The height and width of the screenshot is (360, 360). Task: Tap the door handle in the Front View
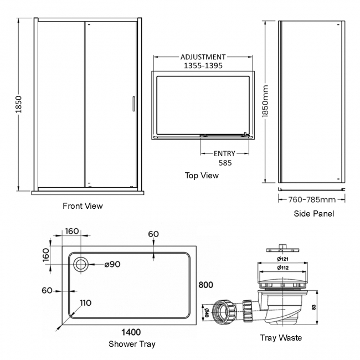coord(133,106)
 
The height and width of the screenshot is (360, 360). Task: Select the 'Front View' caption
coord(83,206)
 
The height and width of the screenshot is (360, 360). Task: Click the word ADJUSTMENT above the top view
coord(203,57)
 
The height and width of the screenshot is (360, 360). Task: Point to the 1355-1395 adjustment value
coord(203,65)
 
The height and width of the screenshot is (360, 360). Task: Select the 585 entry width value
coord(224,163)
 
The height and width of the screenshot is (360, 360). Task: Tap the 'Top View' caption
coord(202,176)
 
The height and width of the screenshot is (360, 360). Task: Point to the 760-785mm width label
coord(313,199)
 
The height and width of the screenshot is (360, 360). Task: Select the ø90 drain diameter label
coord(112,264)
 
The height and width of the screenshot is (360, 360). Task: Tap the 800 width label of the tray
coord(205,285)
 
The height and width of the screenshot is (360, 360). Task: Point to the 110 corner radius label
coord(85,303)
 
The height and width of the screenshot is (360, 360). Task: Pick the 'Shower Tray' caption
coord(132,344)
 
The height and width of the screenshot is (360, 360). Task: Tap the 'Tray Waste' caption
coord(281,337)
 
